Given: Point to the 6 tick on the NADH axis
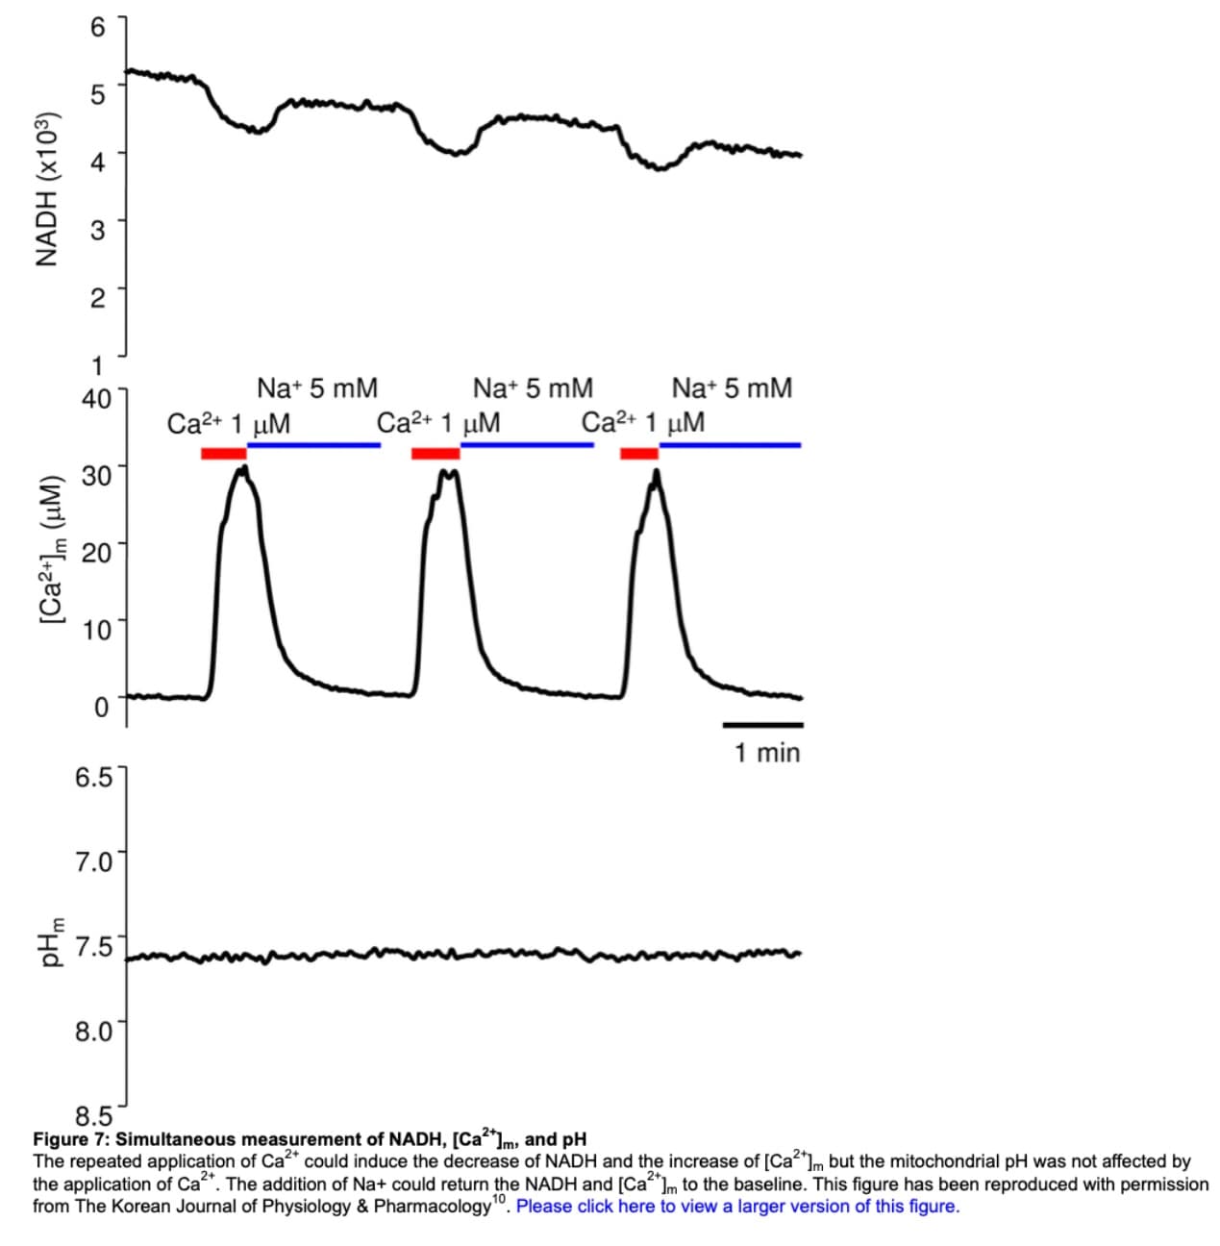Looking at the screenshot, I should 97,28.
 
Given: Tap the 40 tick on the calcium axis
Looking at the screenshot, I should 97,398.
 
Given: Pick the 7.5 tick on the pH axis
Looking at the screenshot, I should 93,946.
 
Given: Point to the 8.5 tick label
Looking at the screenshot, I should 93,1117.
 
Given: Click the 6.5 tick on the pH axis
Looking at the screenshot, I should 93,776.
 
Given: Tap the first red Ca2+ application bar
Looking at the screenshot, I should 223,453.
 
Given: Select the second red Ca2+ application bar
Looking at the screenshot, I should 435,453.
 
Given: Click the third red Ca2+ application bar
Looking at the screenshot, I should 638,453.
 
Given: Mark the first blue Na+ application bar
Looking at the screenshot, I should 314,445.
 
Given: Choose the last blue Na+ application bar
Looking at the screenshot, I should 730,445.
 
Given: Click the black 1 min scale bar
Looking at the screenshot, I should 762,724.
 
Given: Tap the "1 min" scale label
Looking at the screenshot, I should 766,753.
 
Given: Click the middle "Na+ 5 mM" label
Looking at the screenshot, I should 533,388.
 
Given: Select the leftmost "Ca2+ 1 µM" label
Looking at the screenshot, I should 229,423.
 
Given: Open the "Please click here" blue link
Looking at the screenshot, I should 737,1206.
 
